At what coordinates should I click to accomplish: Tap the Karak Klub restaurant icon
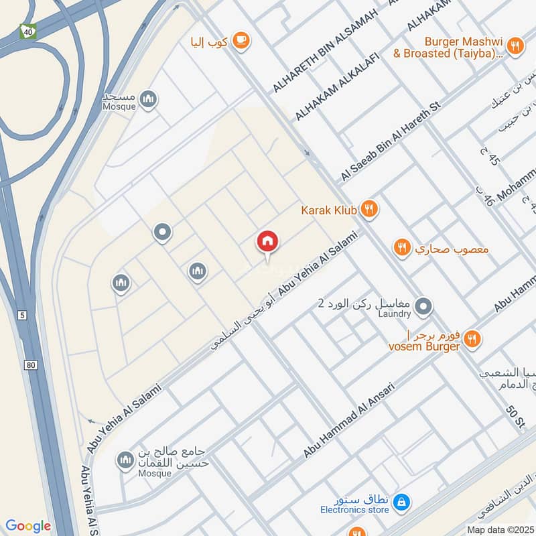click(x=368, y=210)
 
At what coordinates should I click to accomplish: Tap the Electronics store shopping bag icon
click(x=401, y=500)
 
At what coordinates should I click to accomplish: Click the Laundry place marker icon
click(x=423, y=308)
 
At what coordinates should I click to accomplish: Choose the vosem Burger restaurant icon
click(x=472, y=340)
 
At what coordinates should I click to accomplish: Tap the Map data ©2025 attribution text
click(x=499, y=530)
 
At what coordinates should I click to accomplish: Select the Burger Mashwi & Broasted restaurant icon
click(x=515, y=46)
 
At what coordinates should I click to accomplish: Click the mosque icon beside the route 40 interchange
click(x=148, y=100)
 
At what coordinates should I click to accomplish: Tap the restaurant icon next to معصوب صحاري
click(x=401, y=248)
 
